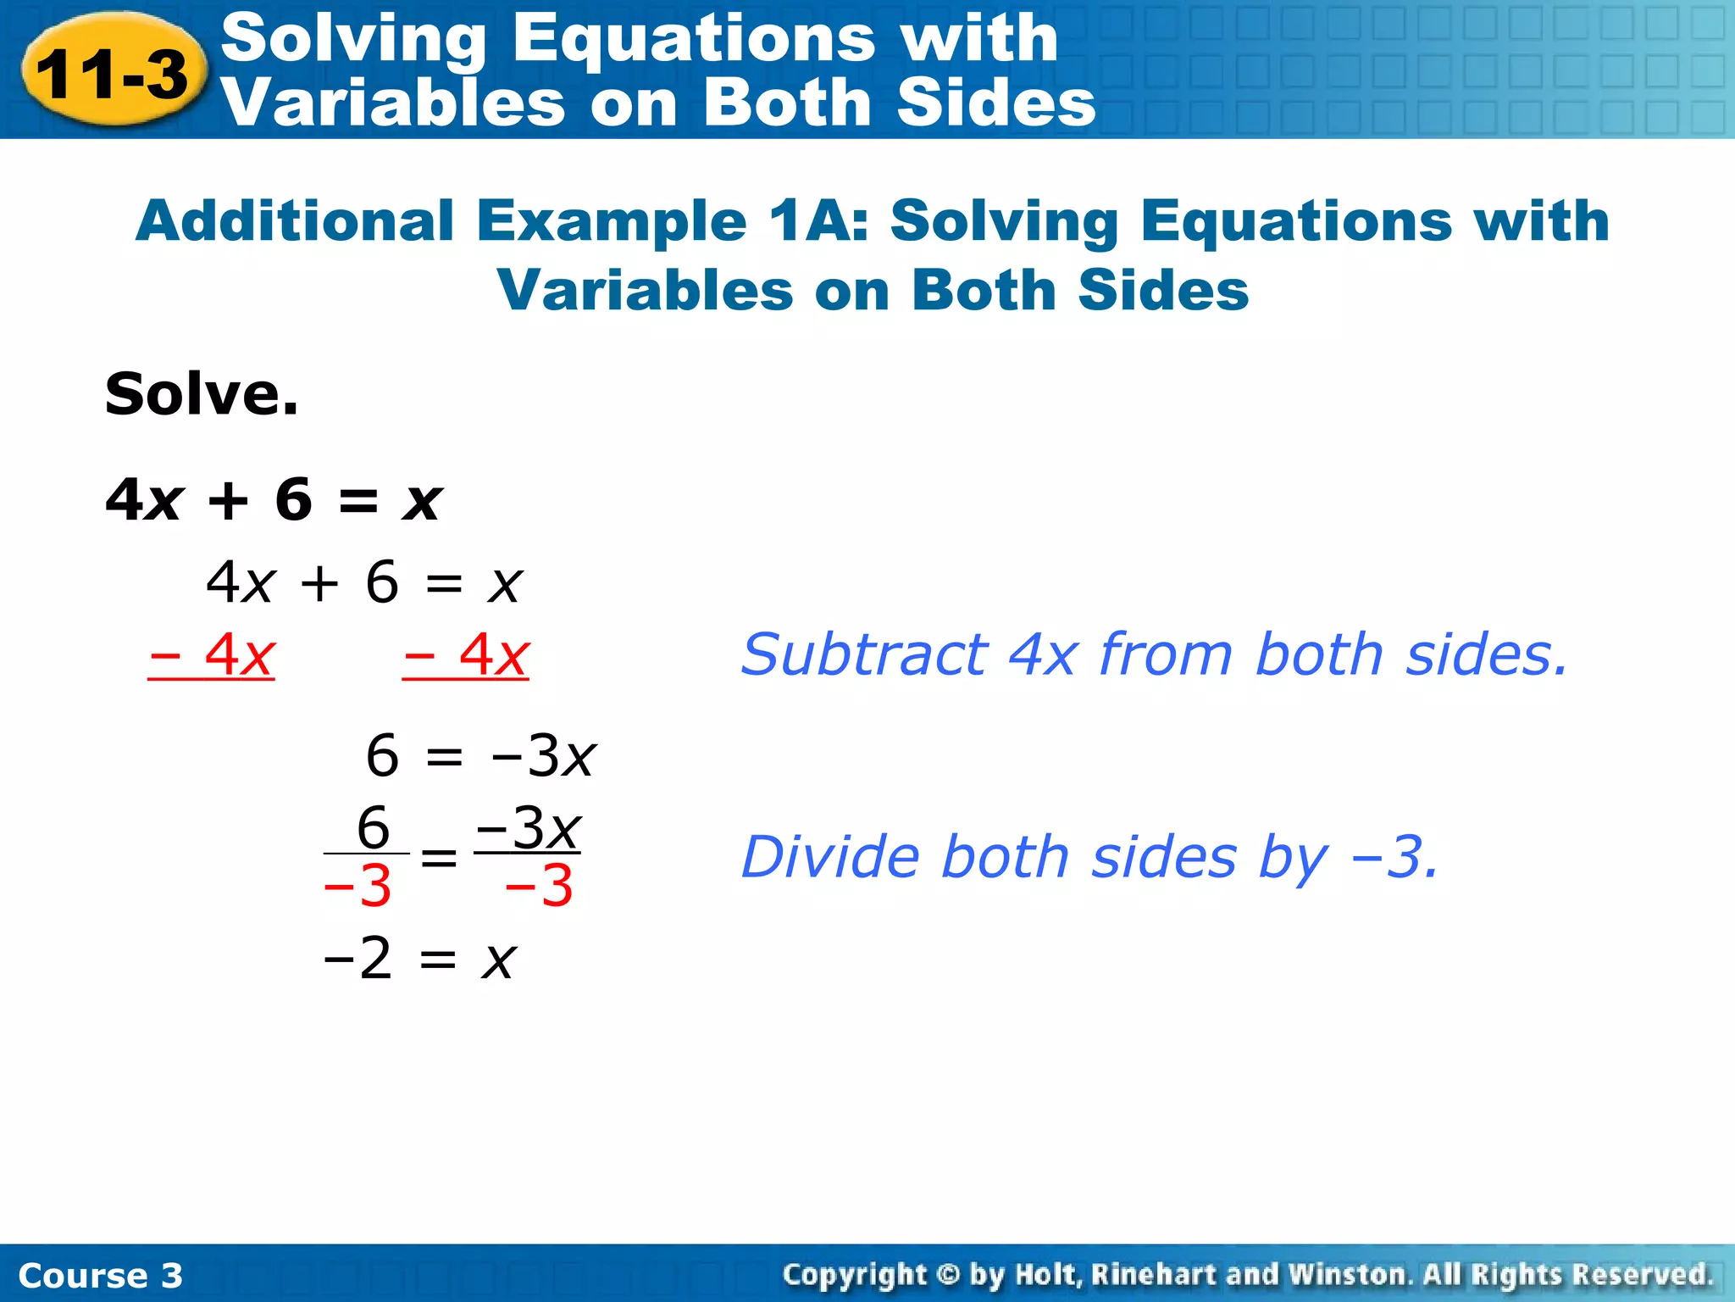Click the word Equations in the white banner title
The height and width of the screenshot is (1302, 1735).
click(693, 39)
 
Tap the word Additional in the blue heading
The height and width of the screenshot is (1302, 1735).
click(295, 221)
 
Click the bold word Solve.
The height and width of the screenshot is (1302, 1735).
click(202, 395)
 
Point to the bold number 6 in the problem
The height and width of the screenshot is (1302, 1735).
click(293, 499)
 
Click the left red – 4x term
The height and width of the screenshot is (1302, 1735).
click(212, 655)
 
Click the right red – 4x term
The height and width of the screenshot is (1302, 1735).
click(466, 655)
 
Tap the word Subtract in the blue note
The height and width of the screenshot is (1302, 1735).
click(863, 655)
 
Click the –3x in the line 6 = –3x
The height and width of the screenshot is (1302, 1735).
click(543, 755)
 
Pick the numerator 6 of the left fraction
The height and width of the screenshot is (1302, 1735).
click(373, 827)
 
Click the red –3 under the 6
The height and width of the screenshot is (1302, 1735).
click(358, 887)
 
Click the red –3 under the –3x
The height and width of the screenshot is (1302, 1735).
click(539, 887)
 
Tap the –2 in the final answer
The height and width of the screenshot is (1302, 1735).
click(358, 960)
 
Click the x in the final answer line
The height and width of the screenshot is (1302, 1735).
click(499, 961)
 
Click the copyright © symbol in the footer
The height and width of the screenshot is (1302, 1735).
click(948, 1275)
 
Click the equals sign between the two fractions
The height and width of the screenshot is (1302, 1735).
click(439, 858)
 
